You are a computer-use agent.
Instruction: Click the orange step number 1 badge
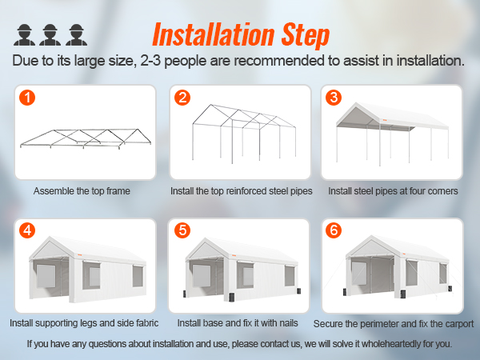(29, 98)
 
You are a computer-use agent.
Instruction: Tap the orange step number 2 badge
(183, 98)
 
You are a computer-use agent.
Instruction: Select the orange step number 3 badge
(334, 98)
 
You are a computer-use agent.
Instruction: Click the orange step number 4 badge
(29, 231)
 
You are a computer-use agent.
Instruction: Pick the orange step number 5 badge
(183, 231)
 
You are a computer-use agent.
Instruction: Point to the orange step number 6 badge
(334, 231)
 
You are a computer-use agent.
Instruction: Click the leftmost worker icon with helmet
(24, 34)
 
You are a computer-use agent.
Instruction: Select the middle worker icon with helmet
(50, 34)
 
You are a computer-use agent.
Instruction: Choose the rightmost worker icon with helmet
(75, 34)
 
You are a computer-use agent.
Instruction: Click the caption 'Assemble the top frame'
(82, 192)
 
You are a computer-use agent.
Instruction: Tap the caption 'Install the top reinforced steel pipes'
(241, 192)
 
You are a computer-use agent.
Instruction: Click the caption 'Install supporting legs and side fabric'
(85, 324)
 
